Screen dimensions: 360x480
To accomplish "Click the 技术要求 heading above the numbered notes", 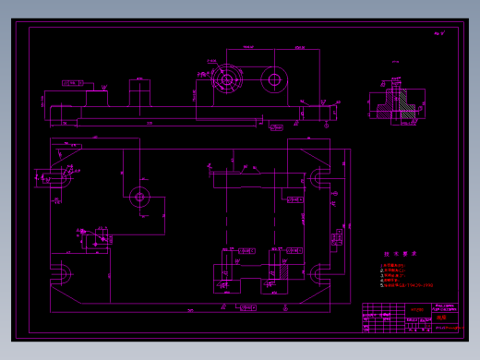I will pyautogui.click(x=401, y=254).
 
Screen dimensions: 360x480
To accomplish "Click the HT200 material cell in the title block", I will pyautogui.click(x=416, y=309).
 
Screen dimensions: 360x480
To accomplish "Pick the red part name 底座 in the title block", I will pyautogui.click(x=441, y=317).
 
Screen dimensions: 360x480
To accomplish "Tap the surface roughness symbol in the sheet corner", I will pyautogui.click(x=438, y=34).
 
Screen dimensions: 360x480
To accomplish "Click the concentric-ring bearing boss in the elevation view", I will pyautogui.click(x=226, y=79).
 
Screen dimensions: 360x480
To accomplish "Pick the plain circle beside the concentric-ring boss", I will pyautogui.click(x=274, y=80).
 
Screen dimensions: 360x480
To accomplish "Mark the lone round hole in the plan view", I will pyautogui.click(x=139, y=197).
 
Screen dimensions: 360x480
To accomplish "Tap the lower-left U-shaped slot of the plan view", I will pyautogui.click(x=62, y=273).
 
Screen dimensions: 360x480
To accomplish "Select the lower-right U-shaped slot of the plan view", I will pyautogui.click(x=318, y=273).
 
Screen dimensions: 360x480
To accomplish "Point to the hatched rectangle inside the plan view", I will pyautogui.click(x=283, y=270).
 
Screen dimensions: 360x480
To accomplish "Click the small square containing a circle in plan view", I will pyautogui.click(x=95, y=240).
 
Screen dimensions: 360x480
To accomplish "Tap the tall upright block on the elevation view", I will pyautogui.click(x=139, y=93).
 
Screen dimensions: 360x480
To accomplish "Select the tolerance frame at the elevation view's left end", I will pyautogui.click(x=73, y=83).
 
